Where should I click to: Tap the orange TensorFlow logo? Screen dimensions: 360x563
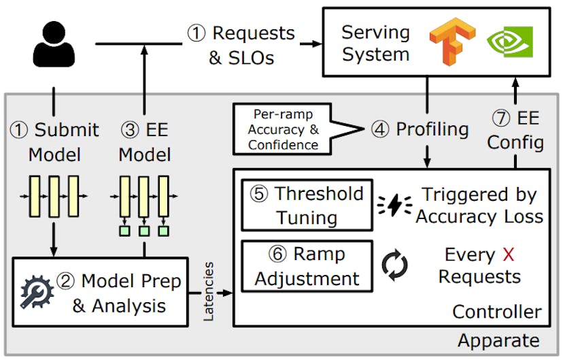click(x=446, y=42)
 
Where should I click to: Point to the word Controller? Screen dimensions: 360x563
click(x=496, y=312)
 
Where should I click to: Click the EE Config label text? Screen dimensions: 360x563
click(x=515, y=131)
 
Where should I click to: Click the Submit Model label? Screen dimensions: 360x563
click(x=54, y=142)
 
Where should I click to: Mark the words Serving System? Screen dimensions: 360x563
click(x=375, y=43)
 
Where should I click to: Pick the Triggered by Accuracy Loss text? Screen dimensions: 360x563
click(x=479, y=205)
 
